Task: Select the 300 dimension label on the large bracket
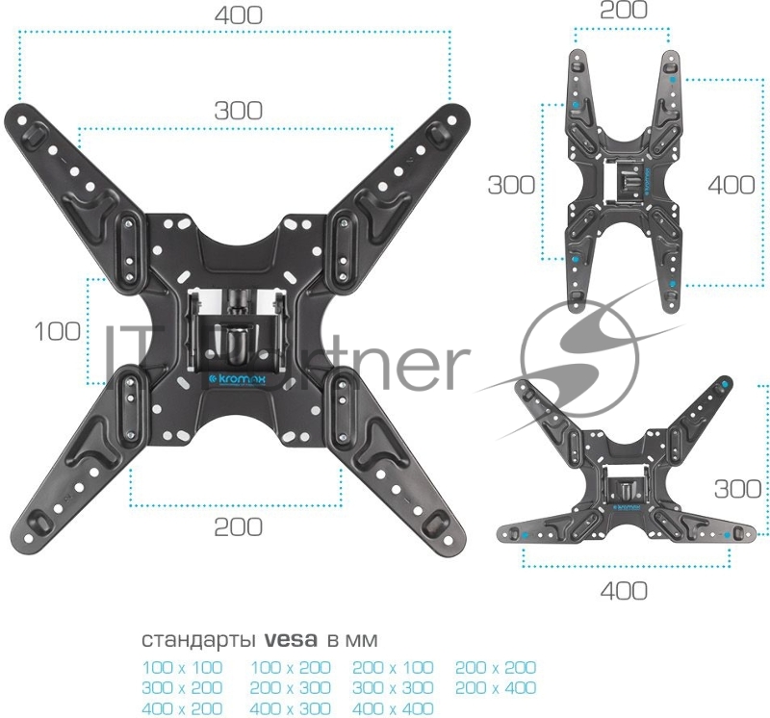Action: click(x=238, y=111)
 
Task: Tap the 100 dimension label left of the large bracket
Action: click(x=58, y=332)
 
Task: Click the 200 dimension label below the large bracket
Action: click(x=238, y=527)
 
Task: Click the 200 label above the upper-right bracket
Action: click(x=624, y=11)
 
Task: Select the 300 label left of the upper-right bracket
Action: click(x=511, y=186)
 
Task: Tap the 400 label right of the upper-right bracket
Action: click(x=731, y=186)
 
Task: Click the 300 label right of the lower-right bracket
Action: click(x=738, y=489)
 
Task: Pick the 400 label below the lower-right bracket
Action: click(x=624, y=590)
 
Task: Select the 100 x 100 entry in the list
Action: click(x=182, y=667)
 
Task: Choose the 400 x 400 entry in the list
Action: click(x=393, y=709)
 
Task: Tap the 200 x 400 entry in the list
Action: click(x=495, y=688)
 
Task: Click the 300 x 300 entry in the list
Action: click(x=393, y=688)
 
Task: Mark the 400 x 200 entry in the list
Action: click(x=182, y=709)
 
